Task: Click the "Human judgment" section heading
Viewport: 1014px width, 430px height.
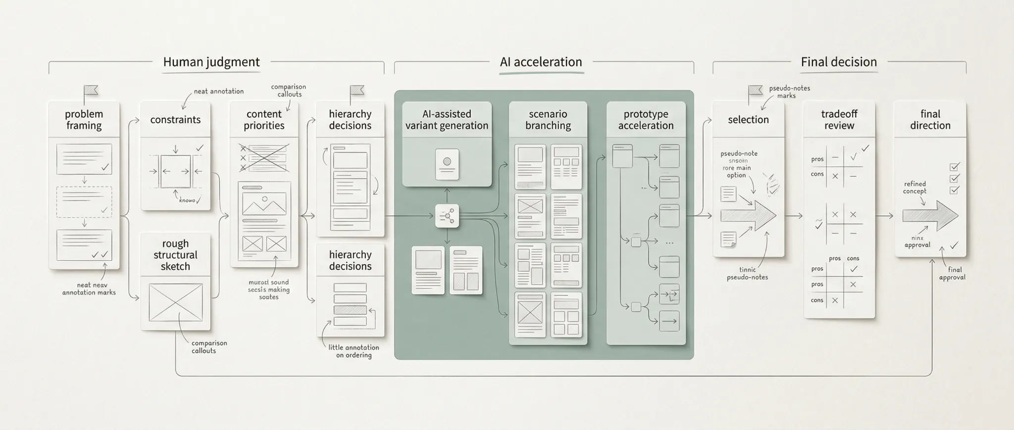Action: pos(211,62)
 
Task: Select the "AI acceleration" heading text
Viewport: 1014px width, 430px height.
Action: pos(541,62)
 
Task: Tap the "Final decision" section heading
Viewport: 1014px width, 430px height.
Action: pos(839,62)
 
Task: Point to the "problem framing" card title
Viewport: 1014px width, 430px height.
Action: pos(84,120)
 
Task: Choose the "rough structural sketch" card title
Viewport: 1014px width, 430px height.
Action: pos(175,255)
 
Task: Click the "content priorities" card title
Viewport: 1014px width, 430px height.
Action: pos(264,120)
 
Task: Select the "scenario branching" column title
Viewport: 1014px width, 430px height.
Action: pos(548,120)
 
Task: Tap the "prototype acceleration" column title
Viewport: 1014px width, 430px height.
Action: pos(646,120)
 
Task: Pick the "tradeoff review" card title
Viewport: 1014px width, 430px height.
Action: pos(839,120)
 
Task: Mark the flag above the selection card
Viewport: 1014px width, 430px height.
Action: pos(755,91)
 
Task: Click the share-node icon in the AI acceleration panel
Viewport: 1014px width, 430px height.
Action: pos(447,216)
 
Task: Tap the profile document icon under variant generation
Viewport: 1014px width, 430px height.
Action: pos(447,164)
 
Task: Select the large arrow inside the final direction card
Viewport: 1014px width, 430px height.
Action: pos(930,216)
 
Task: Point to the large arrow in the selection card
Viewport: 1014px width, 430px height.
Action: pos(748,216)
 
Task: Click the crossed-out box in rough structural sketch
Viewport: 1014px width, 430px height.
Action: pos(175,302)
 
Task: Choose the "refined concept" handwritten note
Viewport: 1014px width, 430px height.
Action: pos(914,188)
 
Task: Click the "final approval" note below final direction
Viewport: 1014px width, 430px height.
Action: pos(952,273)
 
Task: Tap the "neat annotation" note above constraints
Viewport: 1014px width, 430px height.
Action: pos(218,91)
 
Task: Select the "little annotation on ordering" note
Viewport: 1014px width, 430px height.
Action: pos(354,351)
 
